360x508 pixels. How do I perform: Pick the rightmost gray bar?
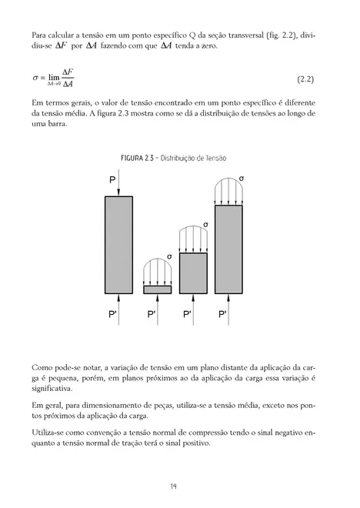click(234, 249)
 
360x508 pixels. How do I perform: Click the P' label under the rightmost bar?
click(222, 316)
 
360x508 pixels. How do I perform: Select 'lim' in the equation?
click(53, 77)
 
